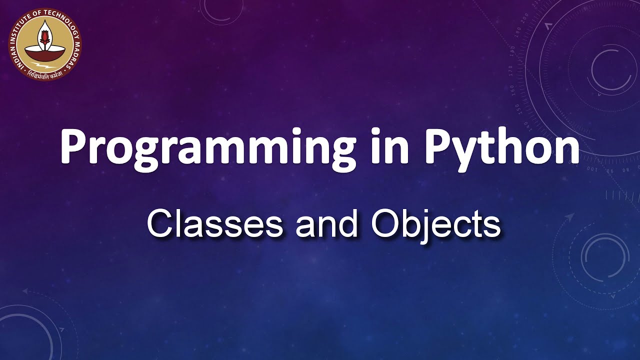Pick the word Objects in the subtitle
tap(435, 225)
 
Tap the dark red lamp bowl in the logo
tap(45, 52)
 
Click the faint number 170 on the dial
tap(510, 70)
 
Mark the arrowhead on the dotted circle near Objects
tap(569, 216)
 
